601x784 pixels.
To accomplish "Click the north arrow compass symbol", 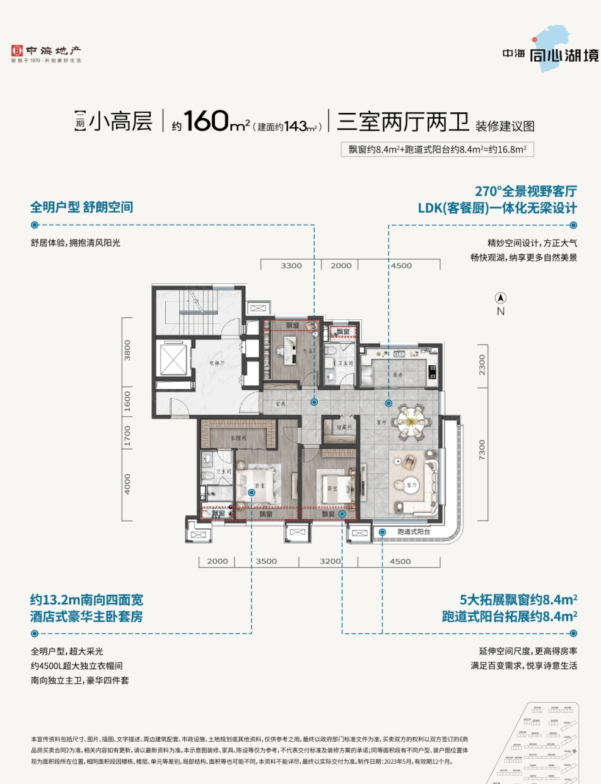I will point(501,298).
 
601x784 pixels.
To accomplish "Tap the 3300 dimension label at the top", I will point(291,266).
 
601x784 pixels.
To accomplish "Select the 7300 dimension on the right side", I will point(482,450).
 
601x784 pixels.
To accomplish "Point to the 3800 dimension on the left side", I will point(127,350).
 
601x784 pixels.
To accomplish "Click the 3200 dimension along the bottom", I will point(330,561).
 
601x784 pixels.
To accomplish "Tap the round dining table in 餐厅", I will point(411,418).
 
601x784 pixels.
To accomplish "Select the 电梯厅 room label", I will point(217,363).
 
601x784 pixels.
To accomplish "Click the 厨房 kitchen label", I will point(398,375).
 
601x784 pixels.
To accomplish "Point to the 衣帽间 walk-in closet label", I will point(238,438).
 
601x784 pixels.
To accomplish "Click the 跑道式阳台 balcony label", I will point(414,532).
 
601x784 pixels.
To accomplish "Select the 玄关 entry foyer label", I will point(281,404).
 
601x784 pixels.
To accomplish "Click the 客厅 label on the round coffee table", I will point(412,485).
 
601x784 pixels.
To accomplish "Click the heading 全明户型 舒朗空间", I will point(81,207).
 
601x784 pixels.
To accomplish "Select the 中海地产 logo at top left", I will point(46,54).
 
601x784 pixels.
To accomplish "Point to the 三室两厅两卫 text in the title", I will point(402,121).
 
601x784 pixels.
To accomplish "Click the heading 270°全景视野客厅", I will point(525,191).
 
